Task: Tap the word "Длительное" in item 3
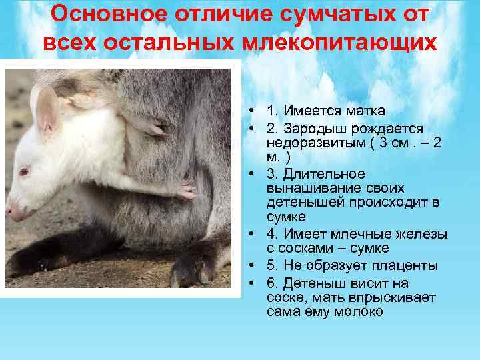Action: pos(314,174)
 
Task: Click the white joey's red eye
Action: pos(24,171)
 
